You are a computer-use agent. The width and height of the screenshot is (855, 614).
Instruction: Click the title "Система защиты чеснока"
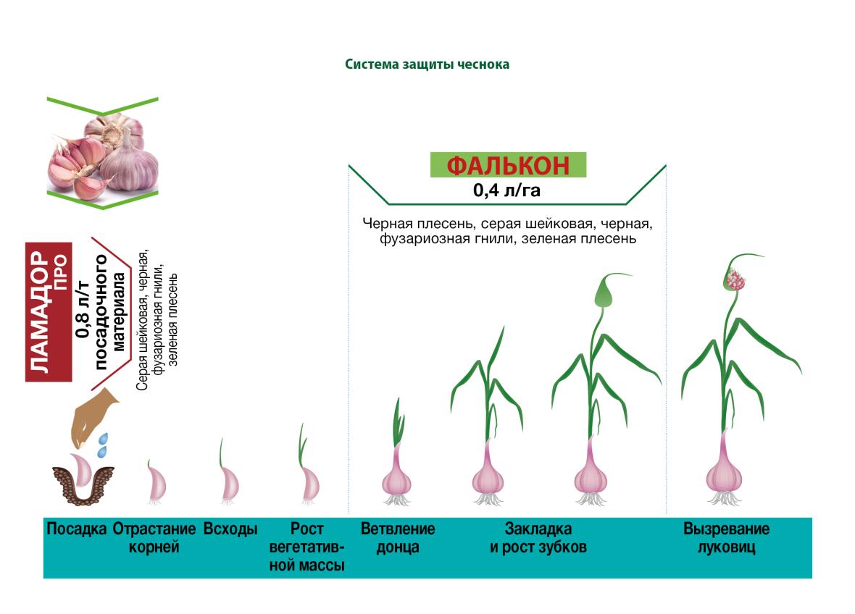427,64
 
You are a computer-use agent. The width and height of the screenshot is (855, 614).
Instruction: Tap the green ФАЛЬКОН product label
508,164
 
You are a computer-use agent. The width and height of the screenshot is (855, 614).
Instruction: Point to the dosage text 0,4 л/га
506,190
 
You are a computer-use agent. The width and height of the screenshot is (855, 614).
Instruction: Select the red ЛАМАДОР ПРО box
49,311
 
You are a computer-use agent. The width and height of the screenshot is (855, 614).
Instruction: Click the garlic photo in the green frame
102,153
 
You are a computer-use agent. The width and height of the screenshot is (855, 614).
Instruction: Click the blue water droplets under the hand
102,445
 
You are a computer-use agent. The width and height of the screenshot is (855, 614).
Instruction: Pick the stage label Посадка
76,529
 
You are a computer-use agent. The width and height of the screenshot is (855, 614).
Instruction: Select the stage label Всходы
230,529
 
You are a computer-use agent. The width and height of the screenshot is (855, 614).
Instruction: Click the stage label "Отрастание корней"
154,538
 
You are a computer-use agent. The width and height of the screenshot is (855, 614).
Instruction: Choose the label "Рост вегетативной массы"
306,547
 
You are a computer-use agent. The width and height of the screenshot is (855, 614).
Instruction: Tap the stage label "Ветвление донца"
398,538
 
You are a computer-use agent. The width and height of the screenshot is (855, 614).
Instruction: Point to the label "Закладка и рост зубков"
538,538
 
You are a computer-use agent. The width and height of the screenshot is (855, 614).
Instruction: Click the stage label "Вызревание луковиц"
726,538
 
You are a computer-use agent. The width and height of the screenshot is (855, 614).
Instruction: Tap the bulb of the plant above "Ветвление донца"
396,479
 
